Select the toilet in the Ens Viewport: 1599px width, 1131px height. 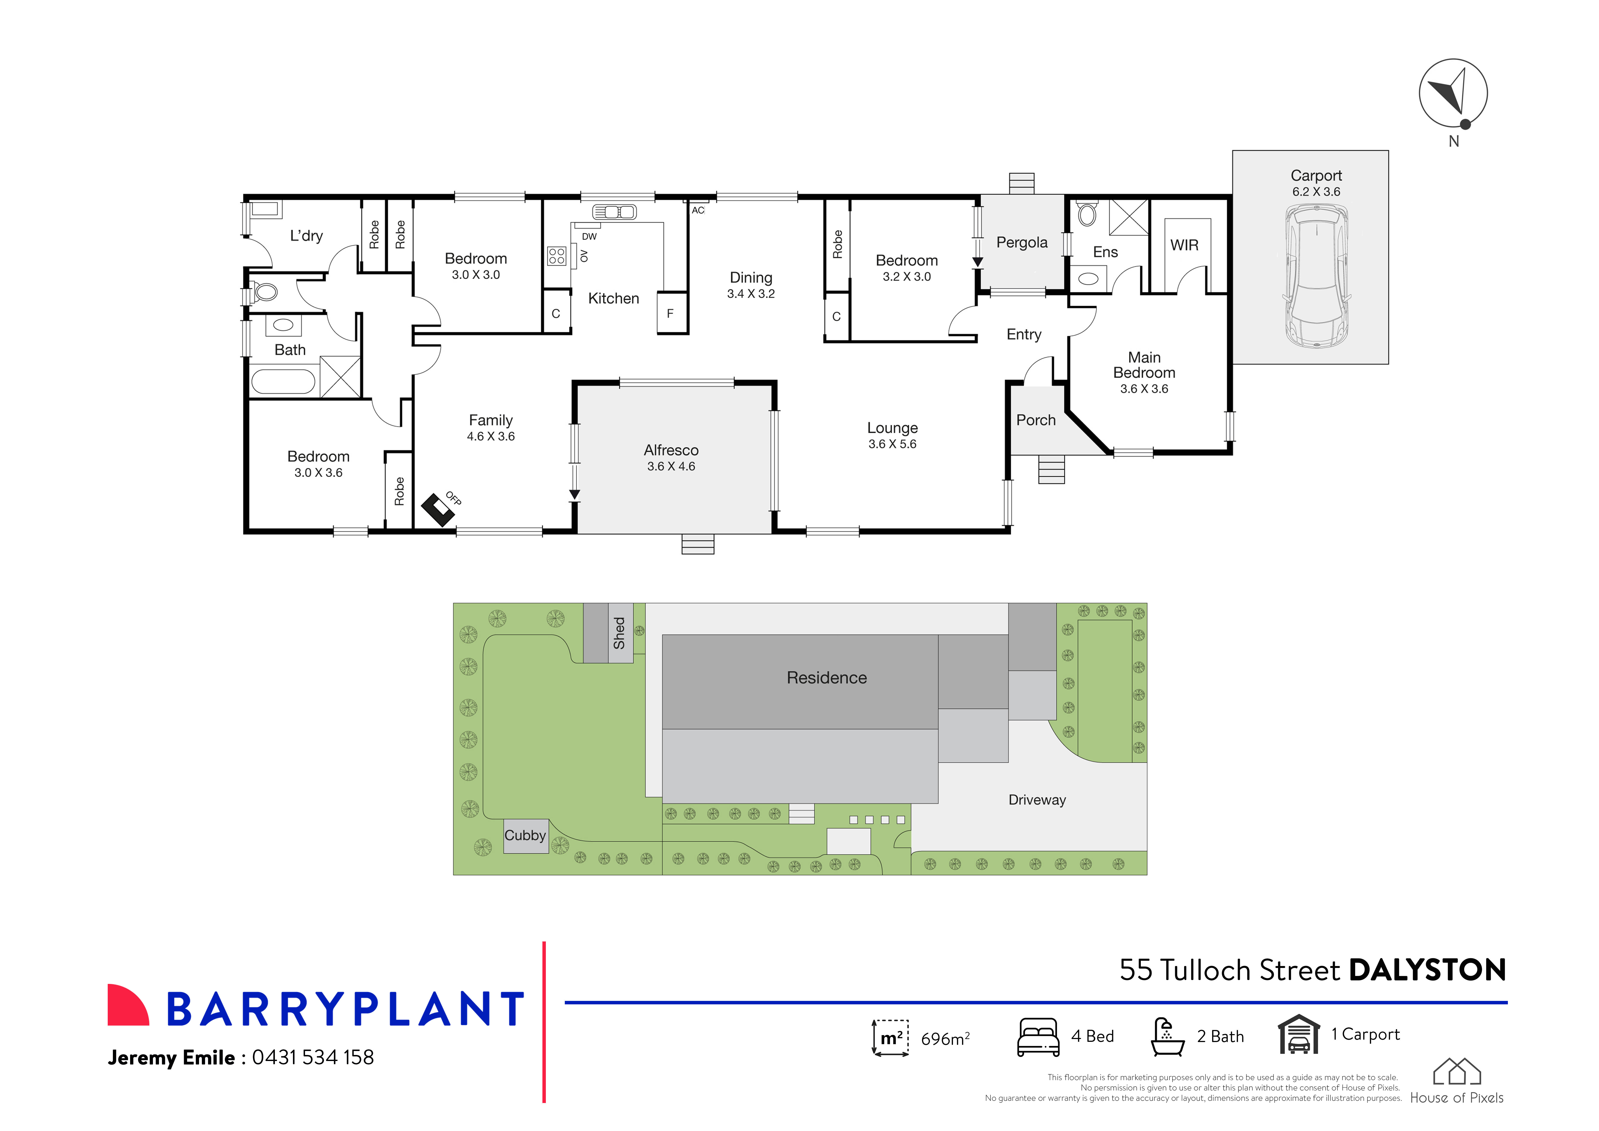point(1087,214)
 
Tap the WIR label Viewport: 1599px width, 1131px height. point(1184,245)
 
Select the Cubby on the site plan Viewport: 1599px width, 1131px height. point(525,836)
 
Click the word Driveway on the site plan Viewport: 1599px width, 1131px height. point(1037,800)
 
